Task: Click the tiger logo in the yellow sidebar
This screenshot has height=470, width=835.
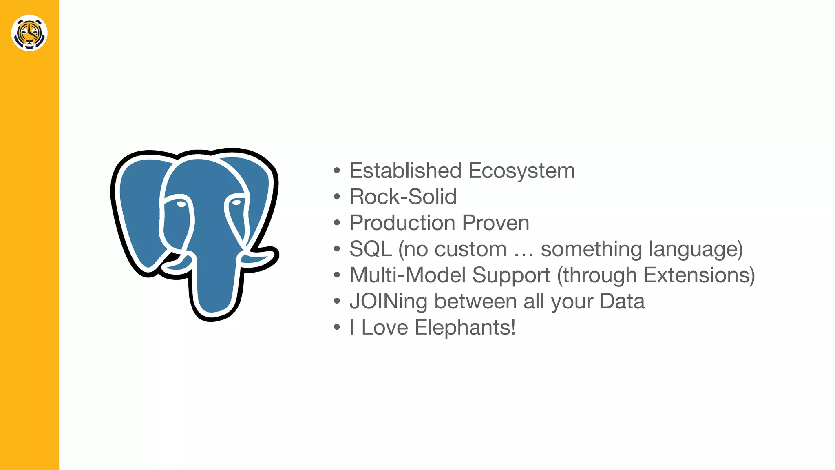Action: coord(29,33)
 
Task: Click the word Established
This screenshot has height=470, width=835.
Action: coord(406,171)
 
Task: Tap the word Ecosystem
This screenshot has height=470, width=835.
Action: coord(521,171)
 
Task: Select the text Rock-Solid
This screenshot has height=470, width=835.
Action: coord(403,197)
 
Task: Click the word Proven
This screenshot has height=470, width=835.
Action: coord(496,223)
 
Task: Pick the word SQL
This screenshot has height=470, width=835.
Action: coord(371,249)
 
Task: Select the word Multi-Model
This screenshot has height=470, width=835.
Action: coord(408,275)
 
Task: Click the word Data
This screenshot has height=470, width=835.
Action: coord(622,301)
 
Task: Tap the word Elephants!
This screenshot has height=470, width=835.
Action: coord(465,327)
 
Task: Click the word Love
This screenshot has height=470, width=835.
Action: coord(384,327)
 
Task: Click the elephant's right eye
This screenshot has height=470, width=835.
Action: coord(236,202)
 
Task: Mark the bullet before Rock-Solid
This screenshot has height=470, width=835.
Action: coord(337,197)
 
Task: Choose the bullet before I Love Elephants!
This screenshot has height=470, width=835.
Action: coord(337,328)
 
